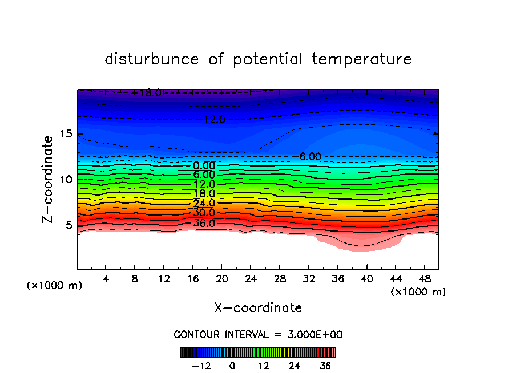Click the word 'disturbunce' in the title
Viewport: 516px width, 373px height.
pos(152,59)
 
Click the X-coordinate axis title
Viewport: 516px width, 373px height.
pos(258,308)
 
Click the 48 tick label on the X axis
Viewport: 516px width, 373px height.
pos(424,279)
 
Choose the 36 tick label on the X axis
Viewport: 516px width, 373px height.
pos(337,279)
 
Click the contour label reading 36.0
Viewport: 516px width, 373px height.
pos(204,223)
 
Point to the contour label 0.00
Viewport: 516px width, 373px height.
pos(204,165)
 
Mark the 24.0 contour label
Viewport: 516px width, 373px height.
pos(204,204)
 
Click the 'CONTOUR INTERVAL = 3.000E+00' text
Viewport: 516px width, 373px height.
pos(258,335)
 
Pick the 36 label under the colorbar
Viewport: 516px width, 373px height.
pos(325,365)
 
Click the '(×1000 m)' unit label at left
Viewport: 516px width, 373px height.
pos(55,286)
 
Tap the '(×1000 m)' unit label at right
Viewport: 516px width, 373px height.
pos(418,292)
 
